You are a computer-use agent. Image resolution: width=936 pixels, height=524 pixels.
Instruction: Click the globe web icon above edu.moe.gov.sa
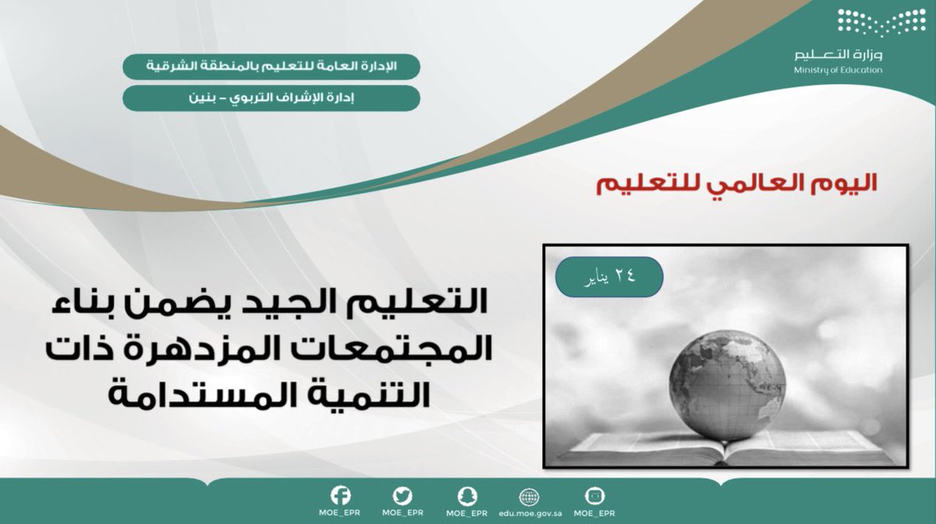point(530,497)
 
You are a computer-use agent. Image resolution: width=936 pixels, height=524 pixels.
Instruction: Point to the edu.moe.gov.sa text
point(530,514)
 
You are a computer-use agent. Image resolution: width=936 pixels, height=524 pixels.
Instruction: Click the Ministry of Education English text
point(838,70)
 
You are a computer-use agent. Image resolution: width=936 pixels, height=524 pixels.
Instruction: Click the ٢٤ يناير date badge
point(609,276)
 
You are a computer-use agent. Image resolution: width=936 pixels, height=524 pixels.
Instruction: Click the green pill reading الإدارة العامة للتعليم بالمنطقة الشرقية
point(271,66)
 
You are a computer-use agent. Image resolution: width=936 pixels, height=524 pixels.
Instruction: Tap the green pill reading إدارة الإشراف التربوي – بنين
point(271,98)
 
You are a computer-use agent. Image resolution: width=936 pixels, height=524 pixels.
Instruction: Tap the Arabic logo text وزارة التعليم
point(838,55)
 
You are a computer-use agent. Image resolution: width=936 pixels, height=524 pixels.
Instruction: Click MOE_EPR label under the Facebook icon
point(341,514)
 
